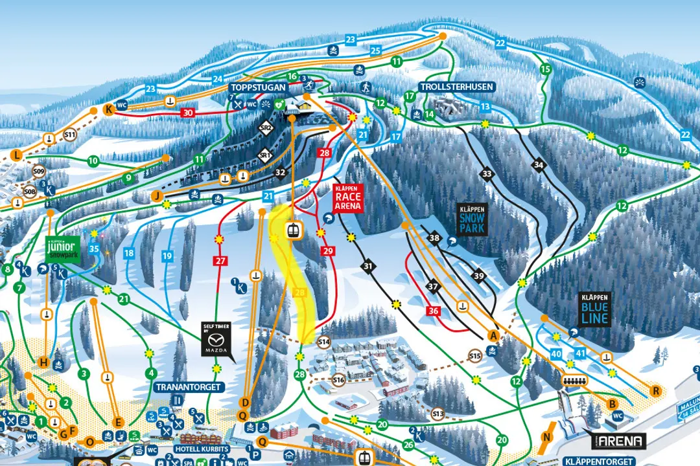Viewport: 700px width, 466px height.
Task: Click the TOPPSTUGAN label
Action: click(255, 87)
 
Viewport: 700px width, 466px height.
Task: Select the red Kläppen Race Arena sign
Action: click(348, 197)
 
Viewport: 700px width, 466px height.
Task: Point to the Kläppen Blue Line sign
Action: click(594, 310)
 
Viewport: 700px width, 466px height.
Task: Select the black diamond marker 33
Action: click(487, 173)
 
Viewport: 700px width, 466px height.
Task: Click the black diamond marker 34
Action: click(538, 165)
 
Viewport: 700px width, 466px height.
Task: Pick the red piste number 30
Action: click(188, 113)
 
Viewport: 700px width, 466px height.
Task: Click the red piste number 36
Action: click(434, 311)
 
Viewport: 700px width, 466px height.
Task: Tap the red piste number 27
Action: click(220, 261)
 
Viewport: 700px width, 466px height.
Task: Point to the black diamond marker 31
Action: click(369, 265)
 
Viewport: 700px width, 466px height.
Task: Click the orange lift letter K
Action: click(108, 109)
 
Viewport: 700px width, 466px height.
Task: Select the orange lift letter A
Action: click(493, 335)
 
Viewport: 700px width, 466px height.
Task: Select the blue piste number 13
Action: click(485, 107)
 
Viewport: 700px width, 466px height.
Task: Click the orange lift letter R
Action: click(656, 391)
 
